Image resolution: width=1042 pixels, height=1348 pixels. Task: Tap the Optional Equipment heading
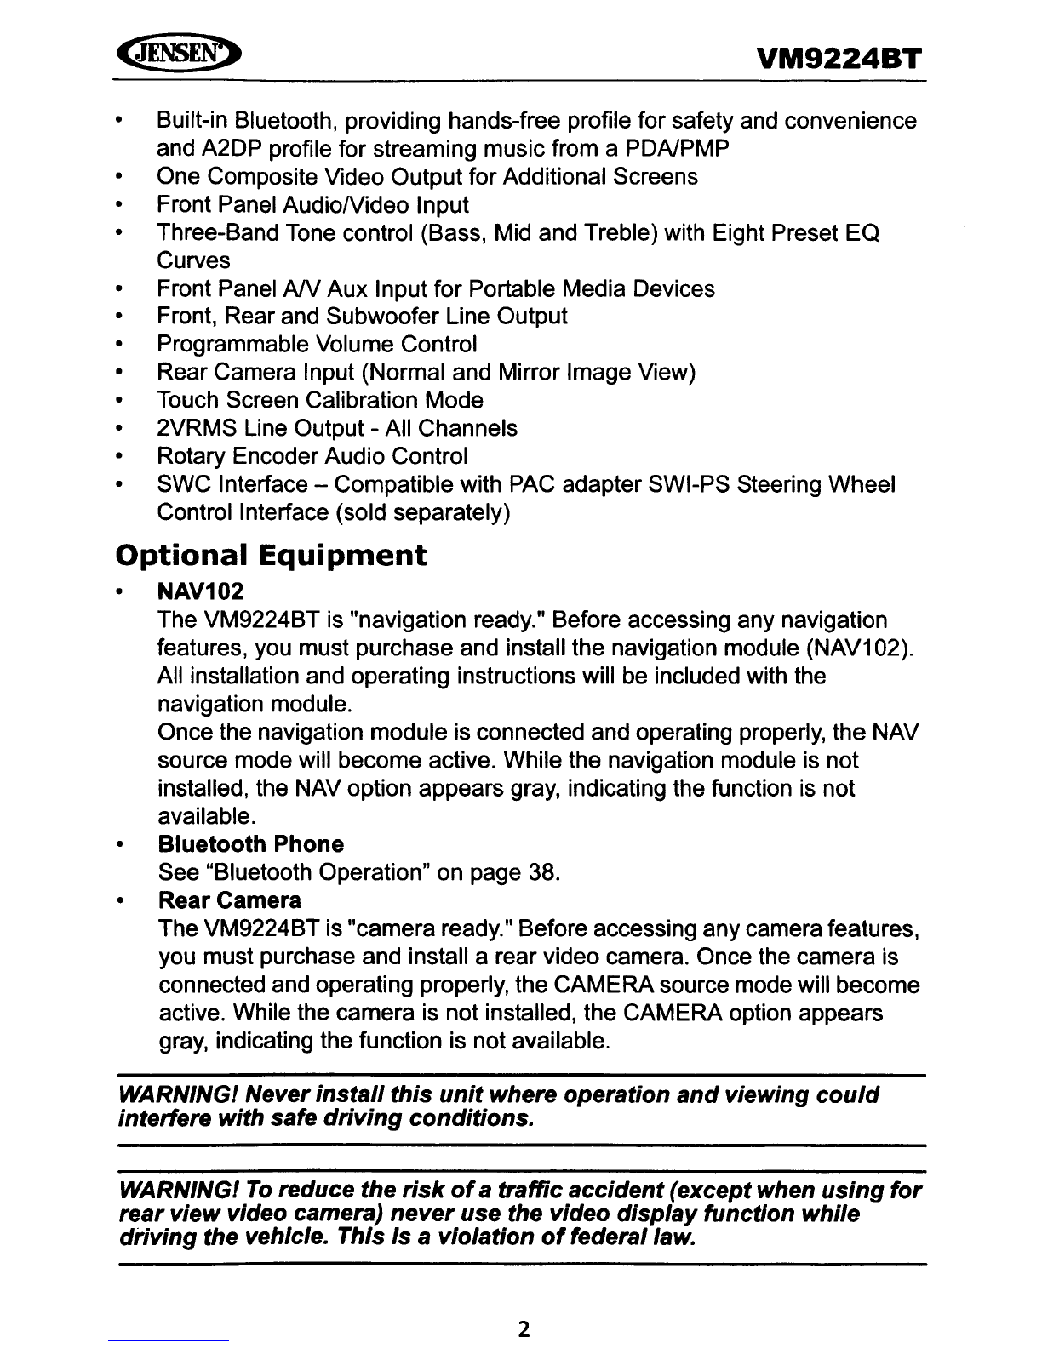271,556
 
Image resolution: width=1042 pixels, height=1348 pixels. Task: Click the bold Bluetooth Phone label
251,844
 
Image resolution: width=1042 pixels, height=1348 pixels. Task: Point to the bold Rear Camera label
230,900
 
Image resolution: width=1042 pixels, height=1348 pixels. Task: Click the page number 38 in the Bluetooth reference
539,873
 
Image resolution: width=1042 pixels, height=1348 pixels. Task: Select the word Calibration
364,400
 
